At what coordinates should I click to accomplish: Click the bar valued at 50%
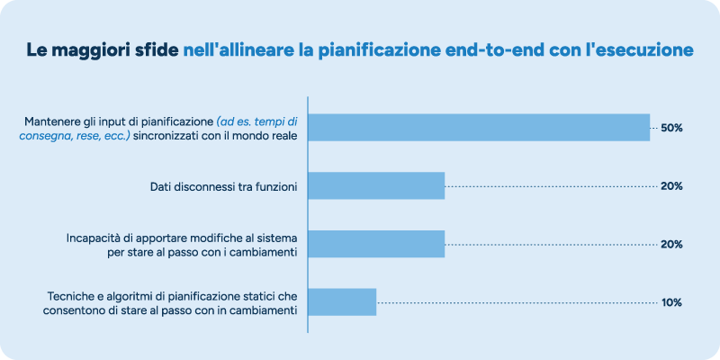click(479, 128)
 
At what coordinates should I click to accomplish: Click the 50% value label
click(671, 128)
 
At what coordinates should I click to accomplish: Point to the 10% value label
click(671, 302)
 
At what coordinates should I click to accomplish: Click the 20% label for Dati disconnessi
click(671, 186)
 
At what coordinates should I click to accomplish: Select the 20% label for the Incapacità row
click(671, 244)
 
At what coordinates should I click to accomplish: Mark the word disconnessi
click(210, 186)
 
